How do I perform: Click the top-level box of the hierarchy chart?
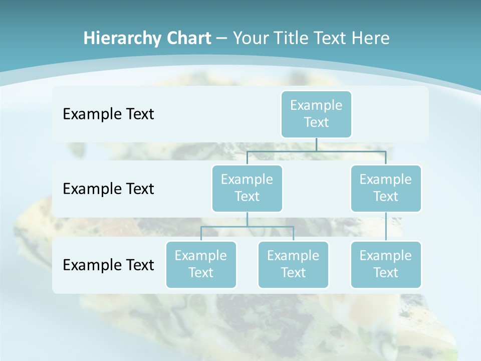(316, 114)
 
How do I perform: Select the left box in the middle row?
(247, 188)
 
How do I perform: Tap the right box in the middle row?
(386, 188)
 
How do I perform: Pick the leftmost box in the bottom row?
(201, 264)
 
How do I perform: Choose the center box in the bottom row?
(293, 264)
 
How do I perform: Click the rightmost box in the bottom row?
(386, 264)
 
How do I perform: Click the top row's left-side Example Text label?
(108, 114)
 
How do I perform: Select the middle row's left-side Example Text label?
(108, 189)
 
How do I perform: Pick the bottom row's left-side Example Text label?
(108, 265)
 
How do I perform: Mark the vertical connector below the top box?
(316, 144)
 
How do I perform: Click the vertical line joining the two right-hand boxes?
(386, 227)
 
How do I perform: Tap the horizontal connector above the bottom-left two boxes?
(247, 227)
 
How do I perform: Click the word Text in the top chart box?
(316, 122)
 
